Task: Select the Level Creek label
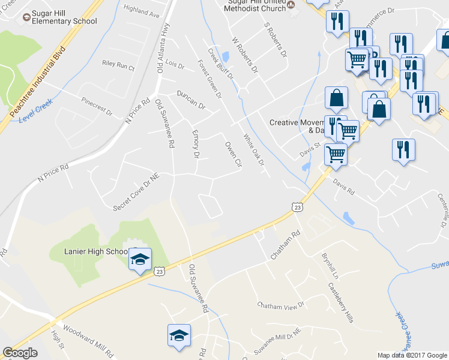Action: click(x=37, y=110)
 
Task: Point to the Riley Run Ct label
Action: click(x=118, y=65)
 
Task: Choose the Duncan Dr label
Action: click(x=191, y=100)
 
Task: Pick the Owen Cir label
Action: click(x=232, y=154)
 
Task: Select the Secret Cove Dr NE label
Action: click(x=138, y=192)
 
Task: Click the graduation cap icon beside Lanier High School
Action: click(x=139, y=259)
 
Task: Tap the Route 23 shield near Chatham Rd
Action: click(x=298, y=207)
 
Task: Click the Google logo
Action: click(x=20, y=353)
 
